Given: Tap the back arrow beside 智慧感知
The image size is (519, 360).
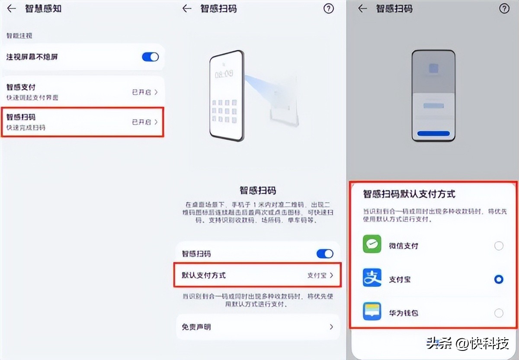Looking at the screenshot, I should (x=12, y=9).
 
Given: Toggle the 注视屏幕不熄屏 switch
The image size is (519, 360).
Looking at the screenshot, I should (x=150, y=57).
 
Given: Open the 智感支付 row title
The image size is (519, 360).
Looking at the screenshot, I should (x=21, y=87).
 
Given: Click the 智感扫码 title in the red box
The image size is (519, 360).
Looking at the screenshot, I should (x=21, y=117).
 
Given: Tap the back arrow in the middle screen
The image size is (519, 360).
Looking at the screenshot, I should (x=187, y=9).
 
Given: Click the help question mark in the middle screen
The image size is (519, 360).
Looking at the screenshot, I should (x=329, y=9).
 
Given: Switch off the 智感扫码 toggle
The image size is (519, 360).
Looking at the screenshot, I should (x=325, y=254).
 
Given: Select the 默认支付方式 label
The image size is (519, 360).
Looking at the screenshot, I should (x=204, y=275).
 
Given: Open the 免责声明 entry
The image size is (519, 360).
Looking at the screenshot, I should (x=196, y=327).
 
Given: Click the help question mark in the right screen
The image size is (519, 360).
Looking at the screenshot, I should (x=504, y=9).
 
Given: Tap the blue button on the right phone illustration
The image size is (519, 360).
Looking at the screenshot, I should (x=433, y=133).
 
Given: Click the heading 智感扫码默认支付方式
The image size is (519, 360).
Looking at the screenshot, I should (x=409, y=194).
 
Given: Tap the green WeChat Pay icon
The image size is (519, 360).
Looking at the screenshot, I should (x=372, y=245).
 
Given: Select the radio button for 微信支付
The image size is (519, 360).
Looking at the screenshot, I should (x=499, y=246).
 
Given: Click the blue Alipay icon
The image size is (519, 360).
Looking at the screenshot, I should (x=372, y=279).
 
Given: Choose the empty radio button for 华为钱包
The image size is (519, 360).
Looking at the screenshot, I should (x=499, y=313).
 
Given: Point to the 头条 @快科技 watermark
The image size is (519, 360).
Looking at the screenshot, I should (x=467, y=344).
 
